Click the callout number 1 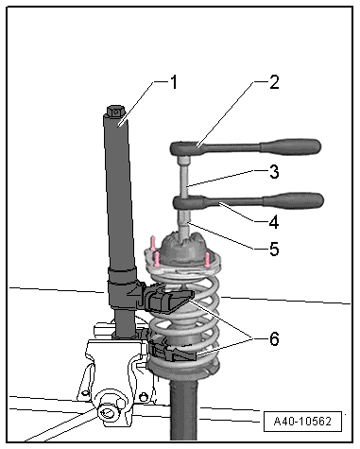tap(173, 82)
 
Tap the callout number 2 tap(274, 82)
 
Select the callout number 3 tap(274, 172)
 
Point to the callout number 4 tap(274, 222)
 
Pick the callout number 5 tap(274, 249)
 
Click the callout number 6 tap(274, 339)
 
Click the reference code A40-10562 tap(302, 422)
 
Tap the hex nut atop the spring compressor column tap(115, 111)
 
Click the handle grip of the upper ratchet tap(290, 147)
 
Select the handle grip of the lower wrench tap(294, 200)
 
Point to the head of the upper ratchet tap(185, 148)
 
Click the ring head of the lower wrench tap(188, 202)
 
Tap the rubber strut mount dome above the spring tap(183, 249)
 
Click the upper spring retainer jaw tap(168, 301)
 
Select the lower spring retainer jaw tap(173, 353)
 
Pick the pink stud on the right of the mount tap(207, 259)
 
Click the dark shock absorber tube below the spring tap(184, 409)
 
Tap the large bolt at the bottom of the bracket tap(108, 409)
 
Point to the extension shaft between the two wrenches tap(184, 180)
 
